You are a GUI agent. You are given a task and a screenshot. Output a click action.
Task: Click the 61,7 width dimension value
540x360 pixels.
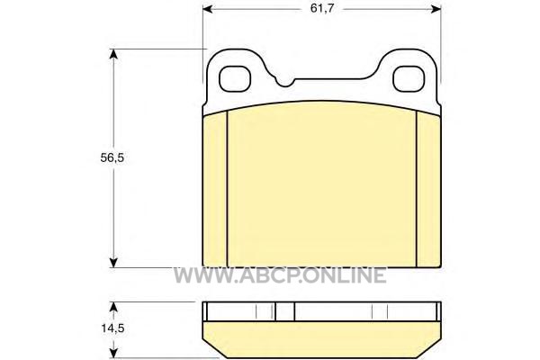(x=322, y=8)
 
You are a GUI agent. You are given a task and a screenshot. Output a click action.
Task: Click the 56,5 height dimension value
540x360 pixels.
(x=112, y=157)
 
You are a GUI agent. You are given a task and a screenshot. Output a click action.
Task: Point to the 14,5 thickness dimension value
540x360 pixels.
(x=112, y=328)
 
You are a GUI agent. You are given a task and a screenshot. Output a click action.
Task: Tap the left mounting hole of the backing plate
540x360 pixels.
(x=235, y=79)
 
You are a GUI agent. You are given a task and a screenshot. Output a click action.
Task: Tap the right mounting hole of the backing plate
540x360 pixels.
(x=409, y=79)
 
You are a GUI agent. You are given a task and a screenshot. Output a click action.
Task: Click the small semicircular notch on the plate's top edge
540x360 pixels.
(x=285, y=83)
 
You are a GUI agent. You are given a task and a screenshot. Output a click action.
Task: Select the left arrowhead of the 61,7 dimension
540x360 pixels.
(x=207, y=9)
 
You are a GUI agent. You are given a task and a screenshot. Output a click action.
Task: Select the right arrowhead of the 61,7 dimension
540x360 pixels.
(x=436, y=9)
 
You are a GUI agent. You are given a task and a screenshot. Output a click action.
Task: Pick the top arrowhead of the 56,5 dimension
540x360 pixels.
(x=113, y=54)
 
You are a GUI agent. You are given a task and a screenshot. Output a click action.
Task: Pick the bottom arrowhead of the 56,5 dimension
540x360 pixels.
(x=113, y=263)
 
